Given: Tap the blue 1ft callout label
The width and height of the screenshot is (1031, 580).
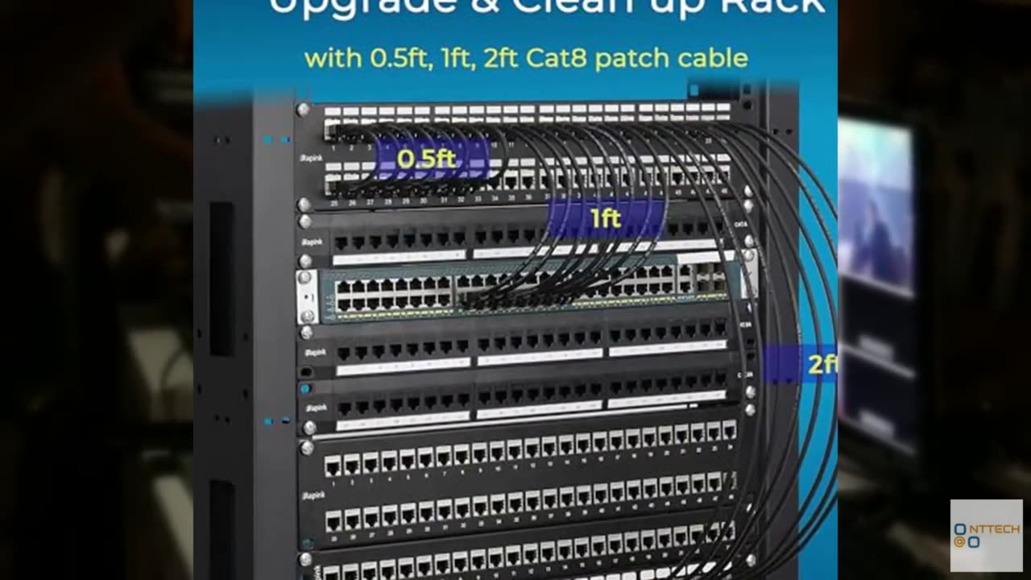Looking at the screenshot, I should tap(606, 218).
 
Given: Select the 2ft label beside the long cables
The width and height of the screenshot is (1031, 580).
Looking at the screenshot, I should tap(820, 364).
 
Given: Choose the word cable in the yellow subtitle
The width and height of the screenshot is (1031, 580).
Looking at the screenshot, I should tap(714, 58).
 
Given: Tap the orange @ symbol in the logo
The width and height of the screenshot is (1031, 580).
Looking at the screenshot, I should tap(959, 542).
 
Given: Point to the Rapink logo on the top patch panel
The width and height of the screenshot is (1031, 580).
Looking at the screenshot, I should tap(313, 158).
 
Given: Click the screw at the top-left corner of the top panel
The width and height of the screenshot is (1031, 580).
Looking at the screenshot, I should tap(303, 110).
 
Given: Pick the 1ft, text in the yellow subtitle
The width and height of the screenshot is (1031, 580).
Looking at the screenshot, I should tap(458, 58).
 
